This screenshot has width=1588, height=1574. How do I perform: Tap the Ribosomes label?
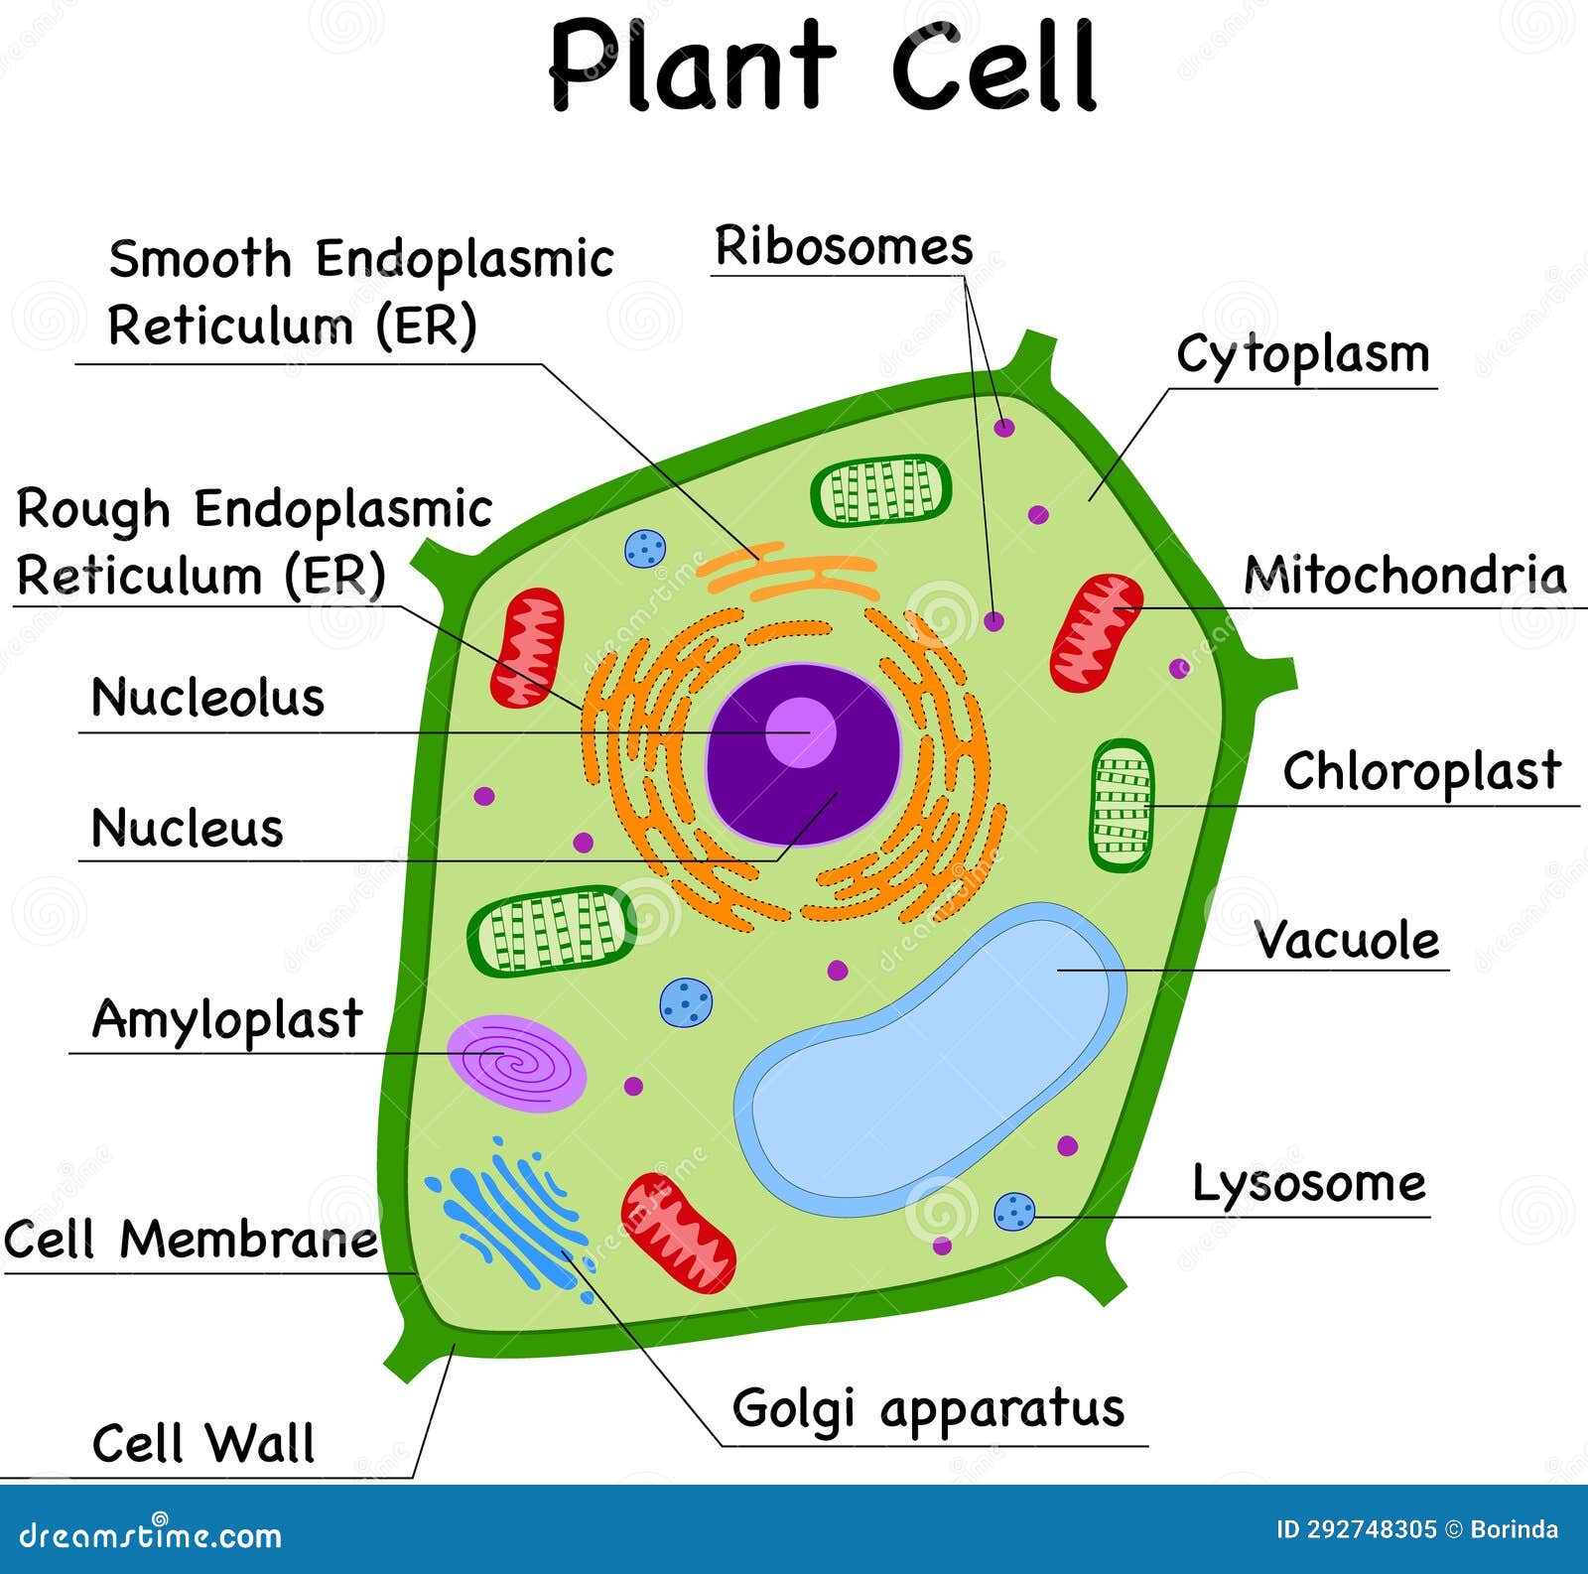(x=843, y=247)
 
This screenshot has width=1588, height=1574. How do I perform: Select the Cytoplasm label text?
(x=1302, y=355)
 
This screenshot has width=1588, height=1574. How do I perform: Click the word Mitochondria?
(x=1404, y=575)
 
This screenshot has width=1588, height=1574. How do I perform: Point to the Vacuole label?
(x=1346, y=939)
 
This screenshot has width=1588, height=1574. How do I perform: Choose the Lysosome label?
(x=1308, y=1183)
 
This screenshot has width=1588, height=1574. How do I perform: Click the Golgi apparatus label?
(x=928, y=1408)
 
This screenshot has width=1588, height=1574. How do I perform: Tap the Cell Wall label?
(x=203, y=1443)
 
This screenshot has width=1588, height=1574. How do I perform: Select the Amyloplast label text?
(x=227, y=1019)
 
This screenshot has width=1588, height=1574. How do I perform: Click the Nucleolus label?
(x=207, y=697)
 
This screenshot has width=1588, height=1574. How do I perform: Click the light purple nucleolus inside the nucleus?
(x=800, y=732)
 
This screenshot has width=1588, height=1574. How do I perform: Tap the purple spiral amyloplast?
(x=516, y=1063)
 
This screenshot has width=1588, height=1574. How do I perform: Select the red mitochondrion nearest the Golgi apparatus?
(x=678, y=1233)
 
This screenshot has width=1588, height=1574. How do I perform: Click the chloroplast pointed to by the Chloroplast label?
(x=1122, y=805)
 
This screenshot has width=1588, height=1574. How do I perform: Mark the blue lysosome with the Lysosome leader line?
(x=1014, y=1212)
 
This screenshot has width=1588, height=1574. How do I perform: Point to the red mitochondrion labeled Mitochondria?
(x=1096, y=632)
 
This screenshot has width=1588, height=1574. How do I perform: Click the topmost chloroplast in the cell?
(x=880, y=490)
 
